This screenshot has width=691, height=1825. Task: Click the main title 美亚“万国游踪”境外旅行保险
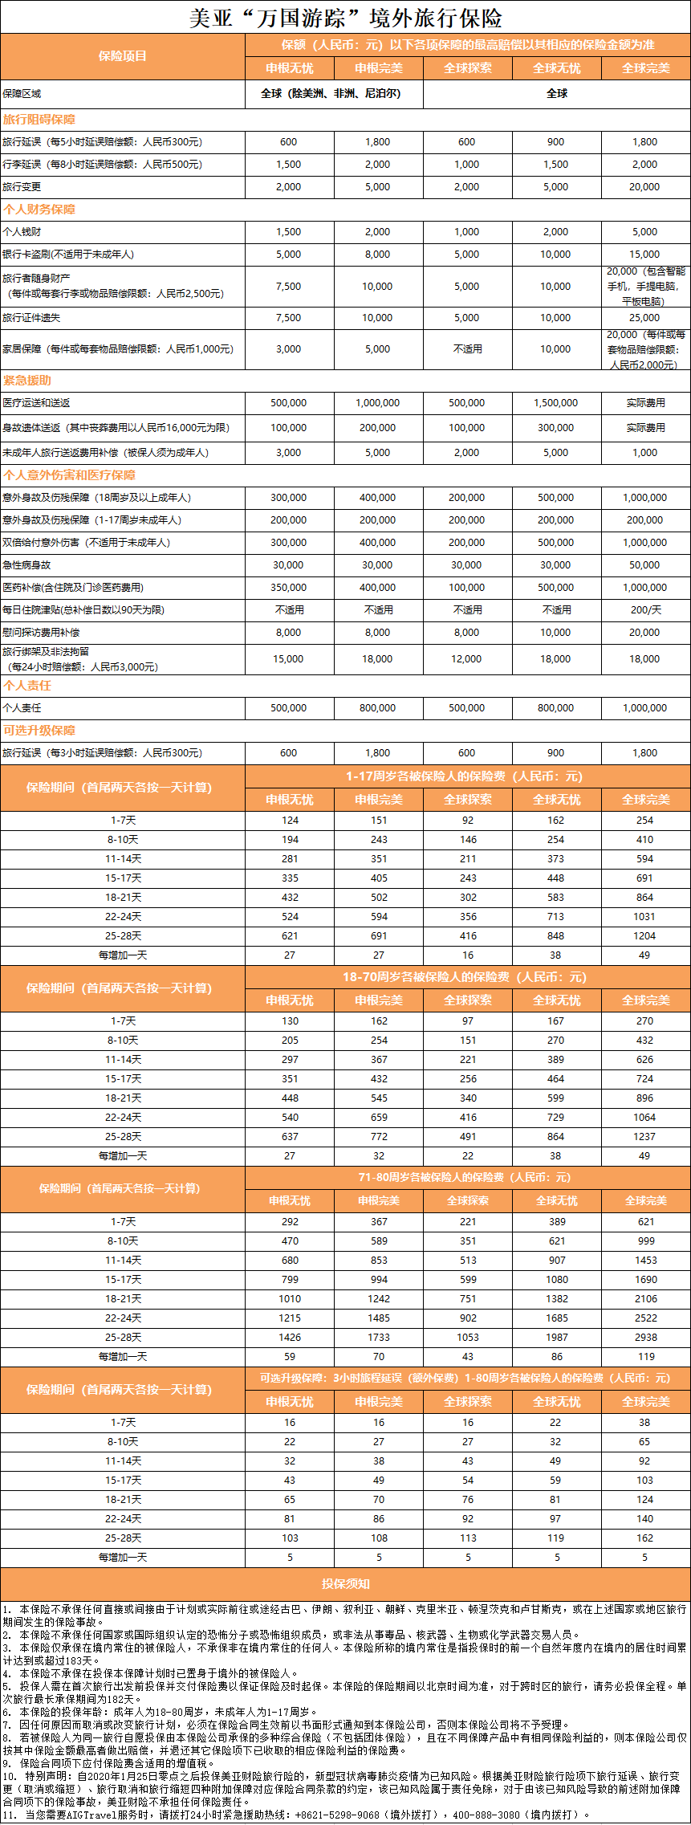point(345,18)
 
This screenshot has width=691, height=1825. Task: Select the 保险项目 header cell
point(123,56)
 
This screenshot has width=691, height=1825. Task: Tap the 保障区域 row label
point(22,94)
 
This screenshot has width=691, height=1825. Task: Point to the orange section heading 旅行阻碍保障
point(39,120)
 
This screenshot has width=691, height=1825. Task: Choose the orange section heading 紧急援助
point(27,380)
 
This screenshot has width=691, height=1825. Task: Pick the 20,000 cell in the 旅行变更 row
point(644,187)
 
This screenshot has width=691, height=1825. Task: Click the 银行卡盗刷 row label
point(68,255)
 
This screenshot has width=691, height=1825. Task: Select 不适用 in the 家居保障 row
point(467,349)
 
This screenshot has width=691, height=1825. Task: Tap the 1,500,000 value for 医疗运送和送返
point(555,403)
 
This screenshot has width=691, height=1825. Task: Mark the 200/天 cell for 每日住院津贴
point(645,610)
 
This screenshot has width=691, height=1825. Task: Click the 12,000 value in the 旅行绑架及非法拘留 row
point(466,659)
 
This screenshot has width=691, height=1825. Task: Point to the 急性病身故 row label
point(26,565)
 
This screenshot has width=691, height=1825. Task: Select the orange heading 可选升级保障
point(39,731)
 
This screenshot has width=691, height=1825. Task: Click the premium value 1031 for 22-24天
point(644,917)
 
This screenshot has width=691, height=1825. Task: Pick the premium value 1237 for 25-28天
point(644,1137)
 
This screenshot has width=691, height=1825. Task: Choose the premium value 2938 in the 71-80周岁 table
point(645,1338)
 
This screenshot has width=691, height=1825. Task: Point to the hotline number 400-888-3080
point(486,1815)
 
